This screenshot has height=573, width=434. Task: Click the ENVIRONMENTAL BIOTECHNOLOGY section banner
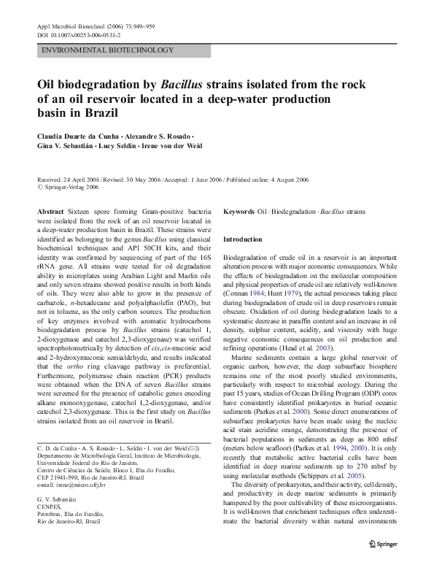coord(107,50)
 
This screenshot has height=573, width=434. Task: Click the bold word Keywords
coord(239,210)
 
